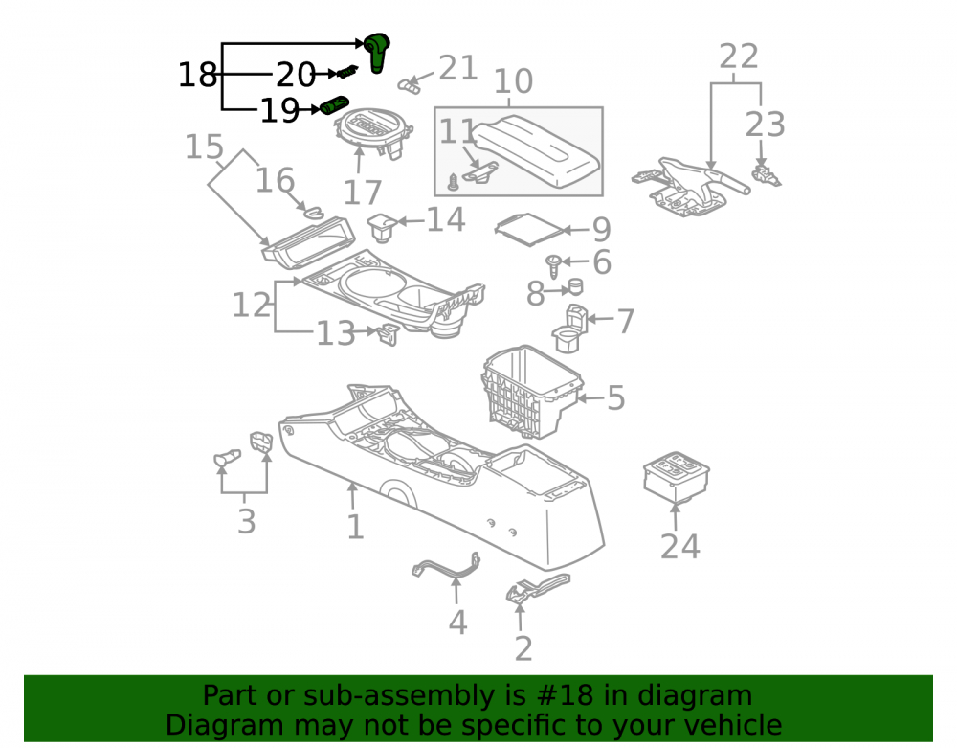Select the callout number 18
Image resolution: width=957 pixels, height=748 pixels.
coord(197,75)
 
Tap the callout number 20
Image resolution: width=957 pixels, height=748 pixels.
coord(296,75)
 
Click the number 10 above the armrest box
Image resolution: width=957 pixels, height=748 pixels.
coord(513,81)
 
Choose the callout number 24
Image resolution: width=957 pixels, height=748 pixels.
coord(679,547)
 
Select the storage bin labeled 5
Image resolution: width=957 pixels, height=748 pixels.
coord(532,392)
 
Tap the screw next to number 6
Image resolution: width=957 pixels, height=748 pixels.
coord(554,265)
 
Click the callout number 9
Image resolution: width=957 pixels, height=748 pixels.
coord(602,230)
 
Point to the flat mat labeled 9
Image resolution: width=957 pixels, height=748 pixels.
coord(528,230)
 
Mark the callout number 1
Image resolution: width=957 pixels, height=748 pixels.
coord(355,527)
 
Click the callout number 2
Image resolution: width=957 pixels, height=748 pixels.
coord(523,648)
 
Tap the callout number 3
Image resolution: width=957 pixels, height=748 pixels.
coord(246,521)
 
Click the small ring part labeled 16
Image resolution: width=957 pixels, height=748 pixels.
coord(314,212)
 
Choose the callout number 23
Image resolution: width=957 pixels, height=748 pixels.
coord(765,125)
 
